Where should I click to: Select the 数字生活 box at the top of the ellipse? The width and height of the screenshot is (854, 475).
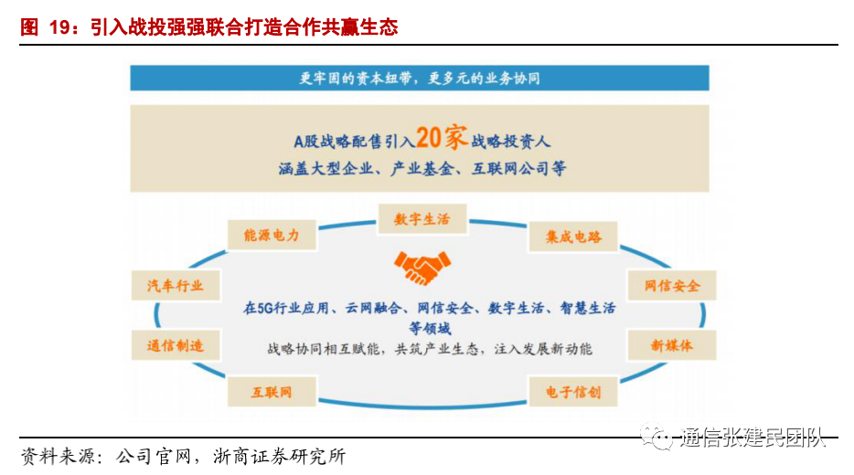point(422,219)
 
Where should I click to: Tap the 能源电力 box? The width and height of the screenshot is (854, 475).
point(272,236)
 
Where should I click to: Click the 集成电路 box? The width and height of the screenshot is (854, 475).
point(573,237)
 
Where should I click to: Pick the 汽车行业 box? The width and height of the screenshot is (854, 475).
point(176,286)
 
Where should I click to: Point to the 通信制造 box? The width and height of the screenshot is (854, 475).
point(176,345)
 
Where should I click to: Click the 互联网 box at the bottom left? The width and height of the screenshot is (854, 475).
point(272,392)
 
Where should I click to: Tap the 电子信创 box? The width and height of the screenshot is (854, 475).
point(573,392)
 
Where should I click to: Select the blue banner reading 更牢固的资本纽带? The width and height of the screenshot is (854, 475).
point(420,78)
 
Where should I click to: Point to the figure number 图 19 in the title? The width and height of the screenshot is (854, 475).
point(47,27)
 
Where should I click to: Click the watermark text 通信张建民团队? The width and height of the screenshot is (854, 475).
point(752,439)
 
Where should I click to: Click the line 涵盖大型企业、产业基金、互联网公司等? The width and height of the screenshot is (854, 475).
point(422,169)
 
